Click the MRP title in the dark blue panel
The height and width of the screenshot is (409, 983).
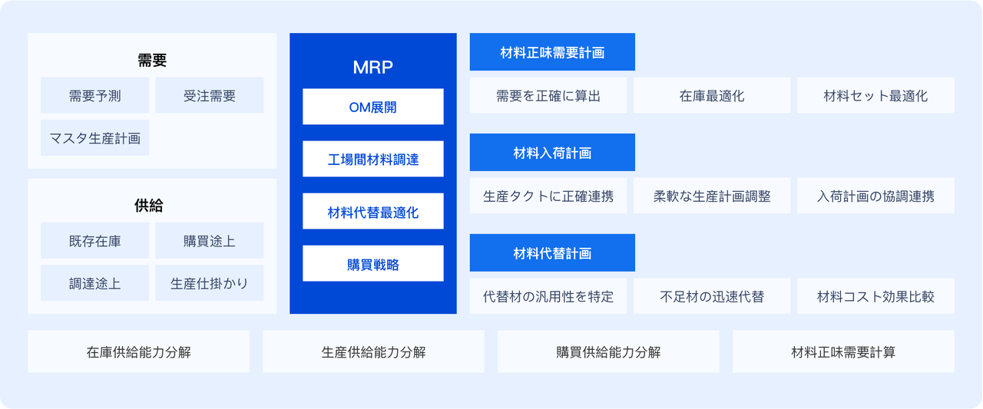point(372,67)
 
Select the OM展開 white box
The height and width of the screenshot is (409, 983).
point(373,107)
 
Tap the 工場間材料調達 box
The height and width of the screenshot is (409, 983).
point(373,159)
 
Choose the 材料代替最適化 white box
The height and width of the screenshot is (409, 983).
point(373,211)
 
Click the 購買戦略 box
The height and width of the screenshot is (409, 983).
point(373,263)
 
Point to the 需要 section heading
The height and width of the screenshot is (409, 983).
point(152,60)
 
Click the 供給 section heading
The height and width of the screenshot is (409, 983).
point(149,205)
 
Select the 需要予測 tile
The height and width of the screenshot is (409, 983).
point(94,95)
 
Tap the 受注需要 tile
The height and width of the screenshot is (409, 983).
point(210,95)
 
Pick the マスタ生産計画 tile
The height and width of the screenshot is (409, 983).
point(94,137)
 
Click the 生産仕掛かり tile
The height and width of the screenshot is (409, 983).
point(210,282)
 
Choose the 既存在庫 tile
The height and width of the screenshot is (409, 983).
point(94,240)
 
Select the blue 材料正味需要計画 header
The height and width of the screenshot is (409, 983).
point(552,51)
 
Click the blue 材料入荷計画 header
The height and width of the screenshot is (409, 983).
point(552,152)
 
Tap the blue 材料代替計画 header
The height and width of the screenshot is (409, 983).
point(552,252)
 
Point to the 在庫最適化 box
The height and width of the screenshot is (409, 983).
point(712,95)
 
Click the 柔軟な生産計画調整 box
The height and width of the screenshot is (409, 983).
point(712,196)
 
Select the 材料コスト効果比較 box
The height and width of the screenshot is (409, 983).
point(875,296)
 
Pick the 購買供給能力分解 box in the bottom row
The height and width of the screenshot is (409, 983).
point(608,351)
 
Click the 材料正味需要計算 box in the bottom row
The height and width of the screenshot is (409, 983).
point(843,351)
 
